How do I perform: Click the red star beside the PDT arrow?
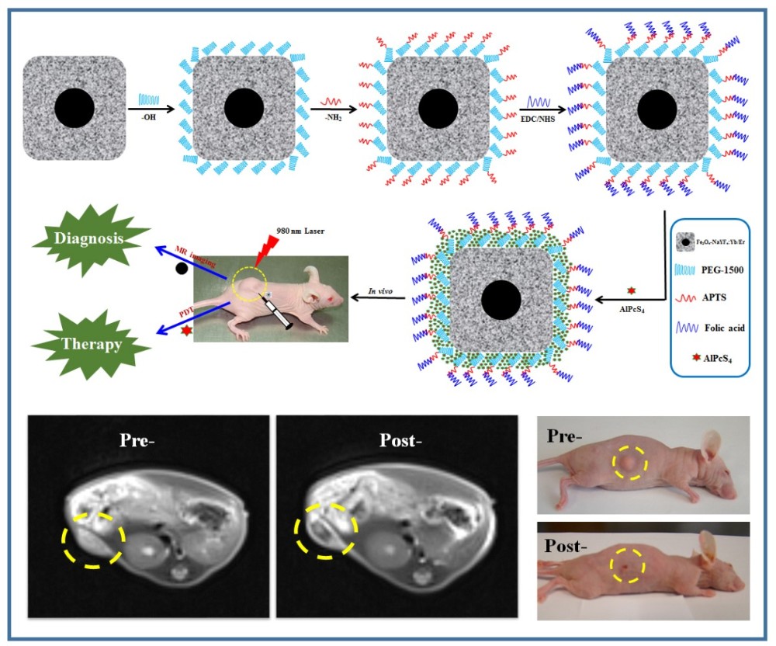[185, 332]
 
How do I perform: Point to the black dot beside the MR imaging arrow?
[182, 269]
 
